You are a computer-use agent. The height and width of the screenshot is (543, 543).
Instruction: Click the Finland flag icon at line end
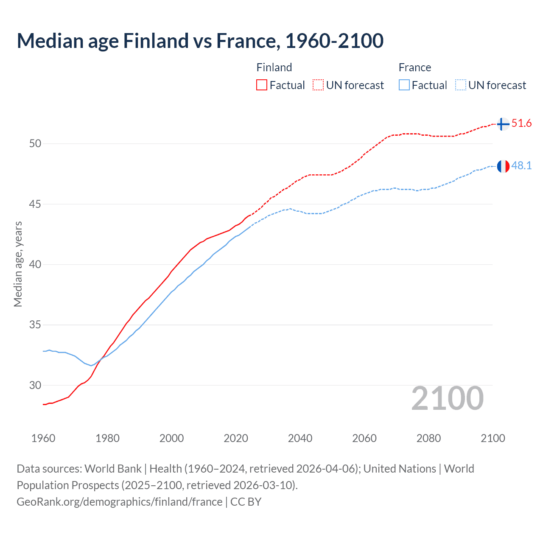point(503,124)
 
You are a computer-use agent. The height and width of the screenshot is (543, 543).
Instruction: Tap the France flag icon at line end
point(503,166)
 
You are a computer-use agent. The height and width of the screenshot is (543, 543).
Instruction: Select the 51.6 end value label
point(521,123)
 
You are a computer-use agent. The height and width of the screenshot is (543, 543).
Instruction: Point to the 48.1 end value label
point(521,166)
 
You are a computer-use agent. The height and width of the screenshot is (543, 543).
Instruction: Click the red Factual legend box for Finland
point(262,85)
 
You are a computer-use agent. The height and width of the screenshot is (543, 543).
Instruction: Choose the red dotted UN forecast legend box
point(318,85)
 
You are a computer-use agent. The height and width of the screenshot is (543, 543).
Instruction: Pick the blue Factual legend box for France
point(404,85)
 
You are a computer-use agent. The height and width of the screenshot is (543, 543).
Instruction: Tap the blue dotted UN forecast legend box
point(460,85)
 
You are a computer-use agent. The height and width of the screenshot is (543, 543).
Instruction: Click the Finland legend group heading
point(274,67)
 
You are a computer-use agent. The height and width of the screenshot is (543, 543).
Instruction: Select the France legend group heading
point(414,67)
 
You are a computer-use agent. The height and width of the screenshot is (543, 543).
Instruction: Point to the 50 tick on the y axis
point(35,144)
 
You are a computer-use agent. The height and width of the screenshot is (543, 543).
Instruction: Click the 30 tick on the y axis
point(35,386)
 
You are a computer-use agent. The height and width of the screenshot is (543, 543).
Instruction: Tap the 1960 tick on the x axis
point(43,438)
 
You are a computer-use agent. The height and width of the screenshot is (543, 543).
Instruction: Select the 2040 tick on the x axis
point(300,438)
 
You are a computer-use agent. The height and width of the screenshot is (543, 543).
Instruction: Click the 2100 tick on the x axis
point(493,438)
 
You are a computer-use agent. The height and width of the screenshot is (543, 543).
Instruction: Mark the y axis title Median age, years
point(18,264)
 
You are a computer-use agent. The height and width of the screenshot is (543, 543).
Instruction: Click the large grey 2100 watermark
point(447,398)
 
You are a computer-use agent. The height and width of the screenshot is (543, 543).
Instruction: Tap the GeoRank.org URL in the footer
point(119,502)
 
